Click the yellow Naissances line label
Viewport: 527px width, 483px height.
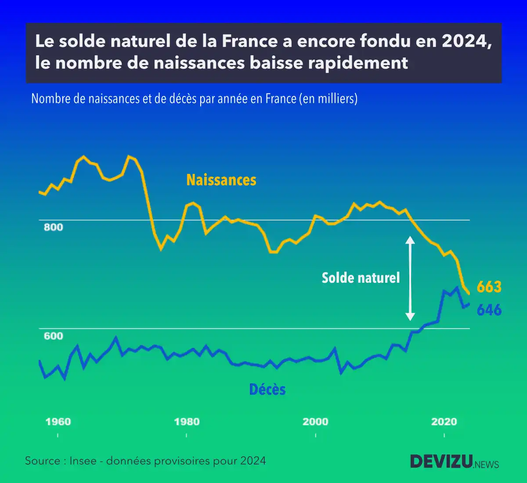(221, 180)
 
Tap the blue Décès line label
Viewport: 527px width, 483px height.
(267, 389)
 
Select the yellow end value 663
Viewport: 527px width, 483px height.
(489, 287)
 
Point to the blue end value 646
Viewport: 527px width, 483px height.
(489, 310)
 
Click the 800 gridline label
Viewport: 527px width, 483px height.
(53, 227)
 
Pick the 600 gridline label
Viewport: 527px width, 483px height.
(53, 336)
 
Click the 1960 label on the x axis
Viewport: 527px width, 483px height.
(58, 422)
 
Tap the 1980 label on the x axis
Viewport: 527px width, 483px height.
(187, 422)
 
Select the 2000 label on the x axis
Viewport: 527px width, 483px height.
(315, 422)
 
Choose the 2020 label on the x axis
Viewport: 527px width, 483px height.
(444, 422)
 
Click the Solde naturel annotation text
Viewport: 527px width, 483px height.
(361, 278)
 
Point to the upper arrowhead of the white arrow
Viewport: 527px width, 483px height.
(410, 240)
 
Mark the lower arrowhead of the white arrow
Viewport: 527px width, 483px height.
(410, 316)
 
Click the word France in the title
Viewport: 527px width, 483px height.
(249, 41)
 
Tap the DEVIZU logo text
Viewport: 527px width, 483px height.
(441, 461)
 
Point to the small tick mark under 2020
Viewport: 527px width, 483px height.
(444, 436)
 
